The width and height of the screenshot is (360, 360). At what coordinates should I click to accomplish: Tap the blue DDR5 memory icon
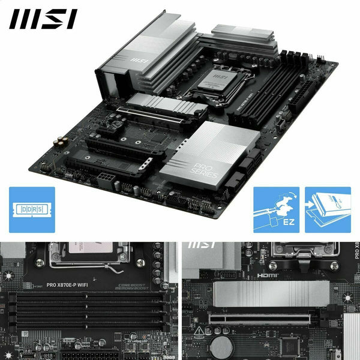click(32, 209)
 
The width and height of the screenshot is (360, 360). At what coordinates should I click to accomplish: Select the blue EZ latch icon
click(276, 209)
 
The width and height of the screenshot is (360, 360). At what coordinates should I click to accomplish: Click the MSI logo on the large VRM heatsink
click(139, 60)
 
